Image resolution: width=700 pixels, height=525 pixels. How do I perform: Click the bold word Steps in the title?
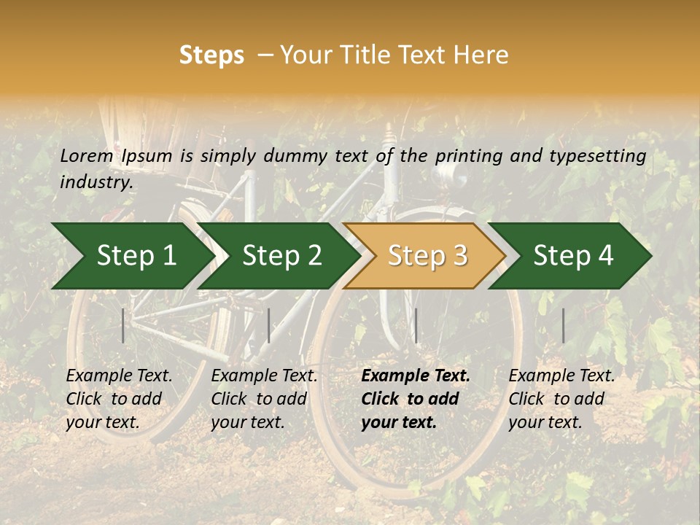(211, 55)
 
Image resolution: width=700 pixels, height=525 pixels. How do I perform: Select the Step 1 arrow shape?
(131, 255)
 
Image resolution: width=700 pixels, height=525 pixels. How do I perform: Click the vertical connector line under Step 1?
(123, 325)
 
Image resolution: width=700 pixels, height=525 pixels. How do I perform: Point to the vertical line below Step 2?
(269, 325)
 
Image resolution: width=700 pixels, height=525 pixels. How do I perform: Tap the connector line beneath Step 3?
(416, 325)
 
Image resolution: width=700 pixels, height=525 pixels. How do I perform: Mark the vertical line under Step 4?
(564, 325)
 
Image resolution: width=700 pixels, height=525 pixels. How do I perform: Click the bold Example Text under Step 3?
(416, 376)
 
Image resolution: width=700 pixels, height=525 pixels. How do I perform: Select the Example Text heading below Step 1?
(119, 376)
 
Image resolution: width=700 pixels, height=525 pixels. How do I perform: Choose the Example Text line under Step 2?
(264, 376)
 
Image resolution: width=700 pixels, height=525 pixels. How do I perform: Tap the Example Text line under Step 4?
(561, 376)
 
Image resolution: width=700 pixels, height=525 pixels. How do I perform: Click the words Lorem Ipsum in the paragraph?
(116, 155)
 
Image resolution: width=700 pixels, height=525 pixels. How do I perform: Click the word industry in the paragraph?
(96, 182)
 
